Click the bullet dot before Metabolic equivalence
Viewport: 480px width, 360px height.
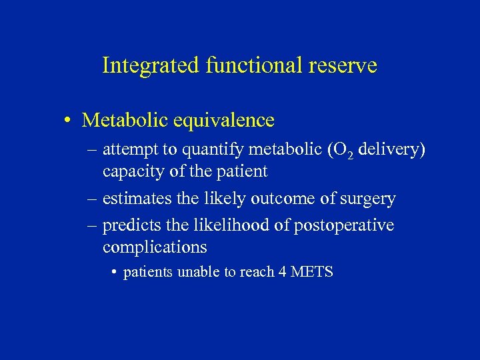69,121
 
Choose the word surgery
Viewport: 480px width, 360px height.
368,199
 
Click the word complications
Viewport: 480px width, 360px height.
155,247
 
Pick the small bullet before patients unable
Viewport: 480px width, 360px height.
115,272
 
